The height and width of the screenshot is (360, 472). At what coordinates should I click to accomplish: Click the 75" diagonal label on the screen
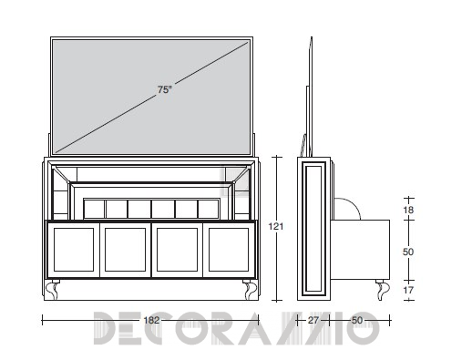(x=165, y=89)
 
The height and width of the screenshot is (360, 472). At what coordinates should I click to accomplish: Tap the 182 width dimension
(x=151, y=320)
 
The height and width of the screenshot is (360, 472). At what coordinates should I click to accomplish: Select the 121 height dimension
(x=276, y=226)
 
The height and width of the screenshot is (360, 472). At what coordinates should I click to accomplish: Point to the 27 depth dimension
(x=313, y=320)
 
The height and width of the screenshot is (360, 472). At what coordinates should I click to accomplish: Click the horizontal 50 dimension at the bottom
(x=357, y=320)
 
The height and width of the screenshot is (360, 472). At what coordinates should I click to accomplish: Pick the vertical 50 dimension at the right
(x=408, y=252)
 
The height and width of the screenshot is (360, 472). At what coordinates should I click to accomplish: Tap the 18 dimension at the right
(x=408, y=210)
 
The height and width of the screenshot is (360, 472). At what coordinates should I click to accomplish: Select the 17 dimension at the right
(x=408, y=290)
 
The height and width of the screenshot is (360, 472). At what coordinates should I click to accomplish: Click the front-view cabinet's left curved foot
(x=52, y=289)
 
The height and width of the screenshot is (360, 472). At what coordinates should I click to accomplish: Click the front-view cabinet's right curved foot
(x=250, y=289)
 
